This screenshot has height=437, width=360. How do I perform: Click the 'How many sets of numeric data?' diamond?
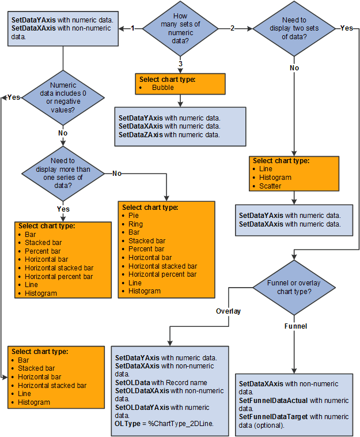pyautogui.click(x=181, y=28)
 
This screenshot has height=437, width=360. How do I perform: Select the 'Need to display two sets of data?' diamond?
pyautogui.click(x=294, y=28)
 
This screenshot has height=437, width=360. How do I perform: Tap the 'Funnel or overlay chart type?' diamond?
pyautogui.click(x=294, y=287)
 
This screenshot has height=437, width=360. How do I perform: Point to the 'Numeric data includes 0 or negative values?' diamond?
pyautogui.click(x=63, y=98)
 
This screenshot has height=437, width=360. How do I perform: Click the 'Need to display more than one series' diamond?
pyautogui.click(x=63, y=173)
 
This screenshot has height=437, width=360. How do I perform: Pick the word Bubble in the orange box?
pyautogui.click(x=163, y=88)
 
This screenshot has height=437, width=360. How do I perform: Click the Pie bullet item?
pyautogui.click(x=134, y=215)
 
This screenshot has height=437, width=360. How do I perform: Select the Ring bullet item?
pyautogui.click(x=135, y=224)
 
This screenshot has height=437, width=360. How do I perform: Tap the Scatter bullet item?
pyautogui.click(x=270, y=186)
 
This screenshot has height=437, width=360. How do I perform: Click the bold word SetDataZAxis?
pyautogui.click(x=141, y=135)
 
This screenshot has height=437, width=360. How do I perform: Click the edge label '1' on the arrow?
pyautogui.click(x=132, y=28)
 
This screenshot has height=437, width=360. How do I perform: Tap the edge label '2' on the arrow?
pyautogui.click(x=233, y=28)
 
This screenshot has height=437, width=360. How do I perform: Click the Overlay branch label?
pyautogui.click(x=228, y=311)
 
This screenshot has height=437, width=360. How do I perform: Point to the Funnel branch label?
pyautogui.click(x=295, y=326)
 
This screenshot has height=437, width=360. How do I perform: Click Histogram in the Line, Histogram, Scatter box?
pyautogui.click(x=275, y=178)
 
